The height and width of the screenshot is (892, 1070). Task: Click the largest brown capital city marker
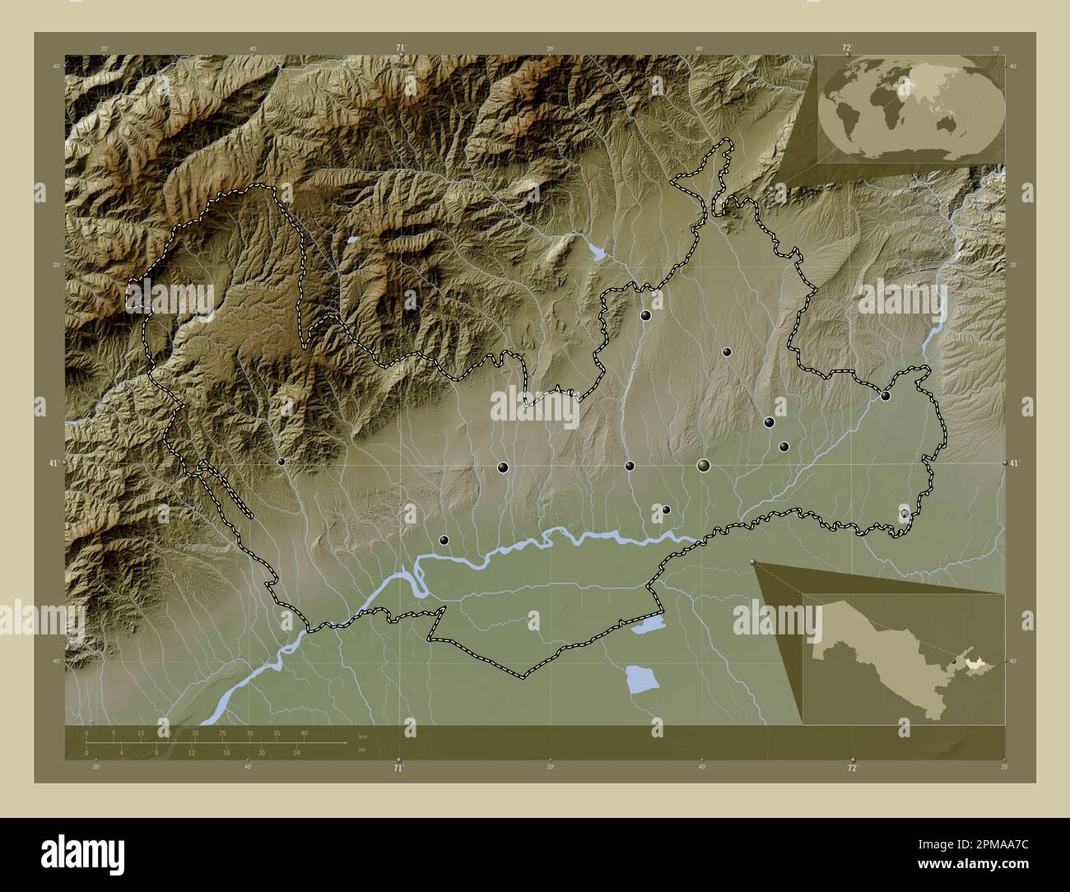click(x=703, y=466)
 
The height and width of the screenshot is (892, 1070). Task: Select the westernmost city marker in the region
click(x=281, y=462)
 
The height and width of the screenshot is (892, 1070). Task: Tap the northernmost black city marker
click(x=646, y=315)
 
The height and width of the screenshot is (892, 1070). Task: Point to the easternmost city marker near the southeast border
click(x=905, y=513)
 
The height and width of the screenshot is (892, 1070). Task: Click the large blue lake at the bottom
click(x=642, y=680)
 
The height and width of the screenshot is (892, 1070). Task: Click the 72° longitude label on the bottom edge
click(x=853, y=768)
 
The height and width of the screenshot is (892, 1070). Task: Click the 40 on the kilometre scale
click(x=304, y=732)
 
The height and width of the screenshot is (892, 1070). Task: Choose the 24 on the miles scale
click(x=296, y=752)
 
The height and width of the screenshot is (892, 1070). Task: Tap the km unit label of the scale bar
click(x=363, y=736)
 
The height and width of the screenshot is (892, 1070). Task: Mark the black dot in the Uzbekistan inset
click(x=953, y=661)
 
